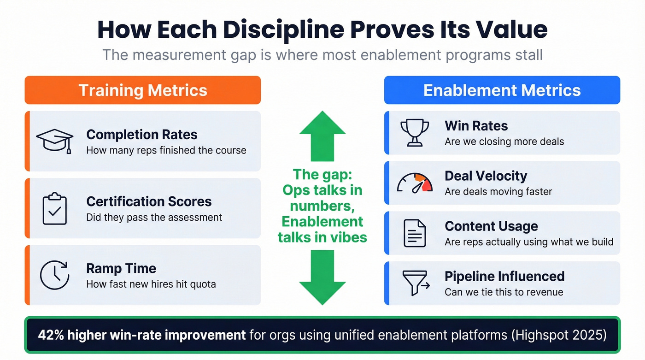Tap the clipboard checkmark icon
pos(55,209)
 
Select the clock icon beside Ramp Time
pos(55,275)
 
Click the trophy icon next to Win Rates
pos(414,133)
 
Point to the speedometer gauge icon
pos(415,183)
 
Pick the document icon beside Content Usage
pos(414,233)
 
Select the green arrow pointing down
pos(322,277)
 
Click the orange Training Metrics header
pos(143,90)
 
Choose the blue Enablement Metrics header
pos(502,90)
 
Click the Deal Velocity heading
pos(486,176)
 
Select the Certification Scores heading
pos(149,201)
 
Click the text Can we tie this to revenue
pos(504,292)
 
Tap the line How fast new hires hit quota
pos(151,284)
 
